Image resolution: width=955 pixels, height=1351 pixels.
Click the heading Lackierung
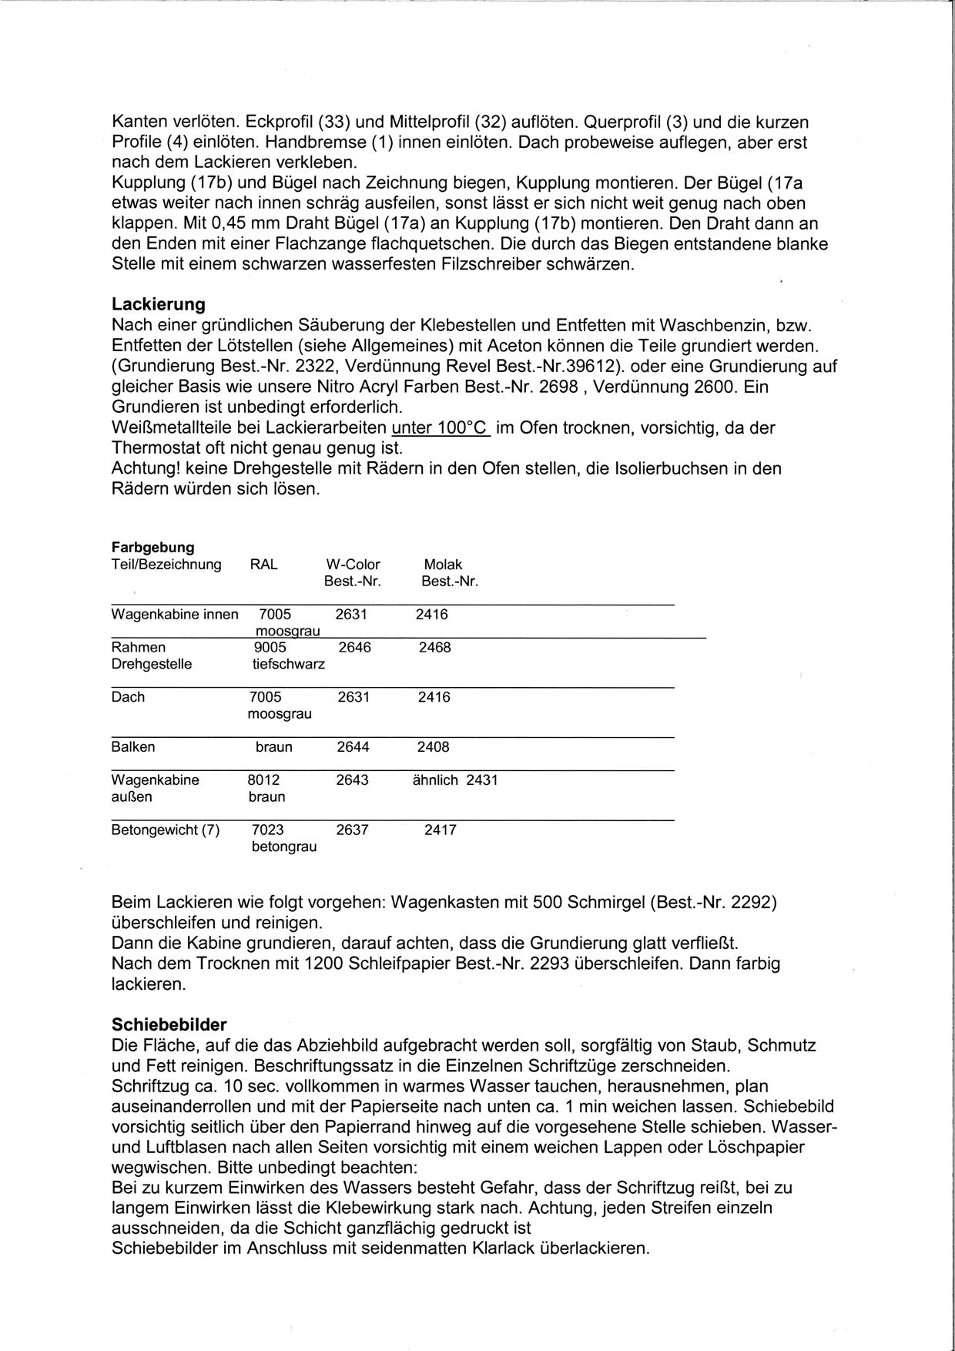[x=158, y=303]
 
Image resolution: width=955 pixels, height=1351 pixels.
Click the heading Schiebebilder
[x=169, y=1024]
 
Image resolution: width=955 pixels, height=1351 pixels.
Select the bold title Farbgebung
[x=152, y=547]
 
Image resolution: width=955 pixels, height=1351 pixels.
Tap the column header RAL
[x=263, y=565]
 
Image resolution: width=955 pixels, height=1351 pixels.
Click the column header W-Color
[x=353, y=565]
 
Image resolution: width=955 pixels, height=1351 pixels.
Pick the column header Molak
[x=443, y=565]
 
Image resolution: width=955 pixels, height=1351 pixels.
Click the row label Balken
[x=133, y=746]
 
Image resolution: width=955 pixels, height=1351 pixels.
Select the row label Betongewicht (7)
[x=166, y=830]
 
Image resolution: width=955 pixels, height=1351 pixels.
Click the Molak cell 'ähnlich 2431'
[x=456, y=779]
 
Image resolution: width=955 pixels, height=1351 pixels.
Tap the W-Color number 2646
[x=354, y=647]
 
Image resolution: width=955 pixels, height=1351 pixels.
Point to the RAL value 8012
[x=263, y=779]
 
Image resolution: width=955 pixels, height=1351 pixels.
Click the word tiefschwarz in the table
[x=289, y=664]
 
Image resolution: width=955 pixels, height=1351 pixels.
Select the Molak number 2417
[x=441, y=830]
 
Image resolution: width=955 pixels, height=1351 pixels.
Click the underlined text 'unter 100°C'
[x=441, y=427]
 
